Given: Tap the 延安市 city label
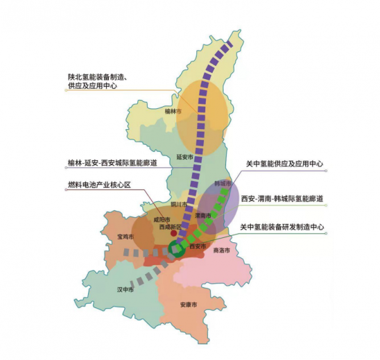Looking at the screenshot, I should pos(184,156).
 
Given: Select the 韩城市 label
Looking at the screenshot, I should pos(223,183).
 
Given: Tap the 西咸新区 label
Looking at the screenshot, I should pos(170,227).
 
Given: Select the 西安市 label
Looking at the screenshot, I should pos(198,245).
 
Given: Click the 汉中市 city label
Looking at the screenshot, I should pos(125,289).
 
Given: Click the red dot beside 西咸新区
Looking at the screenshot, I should pos(174,233).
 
